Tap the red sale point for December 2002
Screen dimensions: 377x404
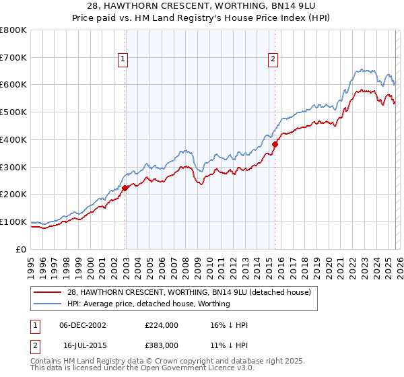pos(125,188)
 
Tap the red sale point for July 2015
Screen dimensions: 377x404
pos(275,144)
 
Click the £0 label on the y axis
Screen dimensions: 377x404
pos(22,249)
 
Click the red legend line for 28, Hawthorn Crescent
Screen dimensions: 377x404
pos(48,293)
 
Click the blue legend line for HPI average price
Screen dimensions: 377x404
pos(48,304)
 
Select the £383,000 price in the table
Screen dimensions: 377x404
pos(161,344)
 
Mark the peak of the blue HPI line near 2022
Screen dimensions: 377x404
pos(362,69)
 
